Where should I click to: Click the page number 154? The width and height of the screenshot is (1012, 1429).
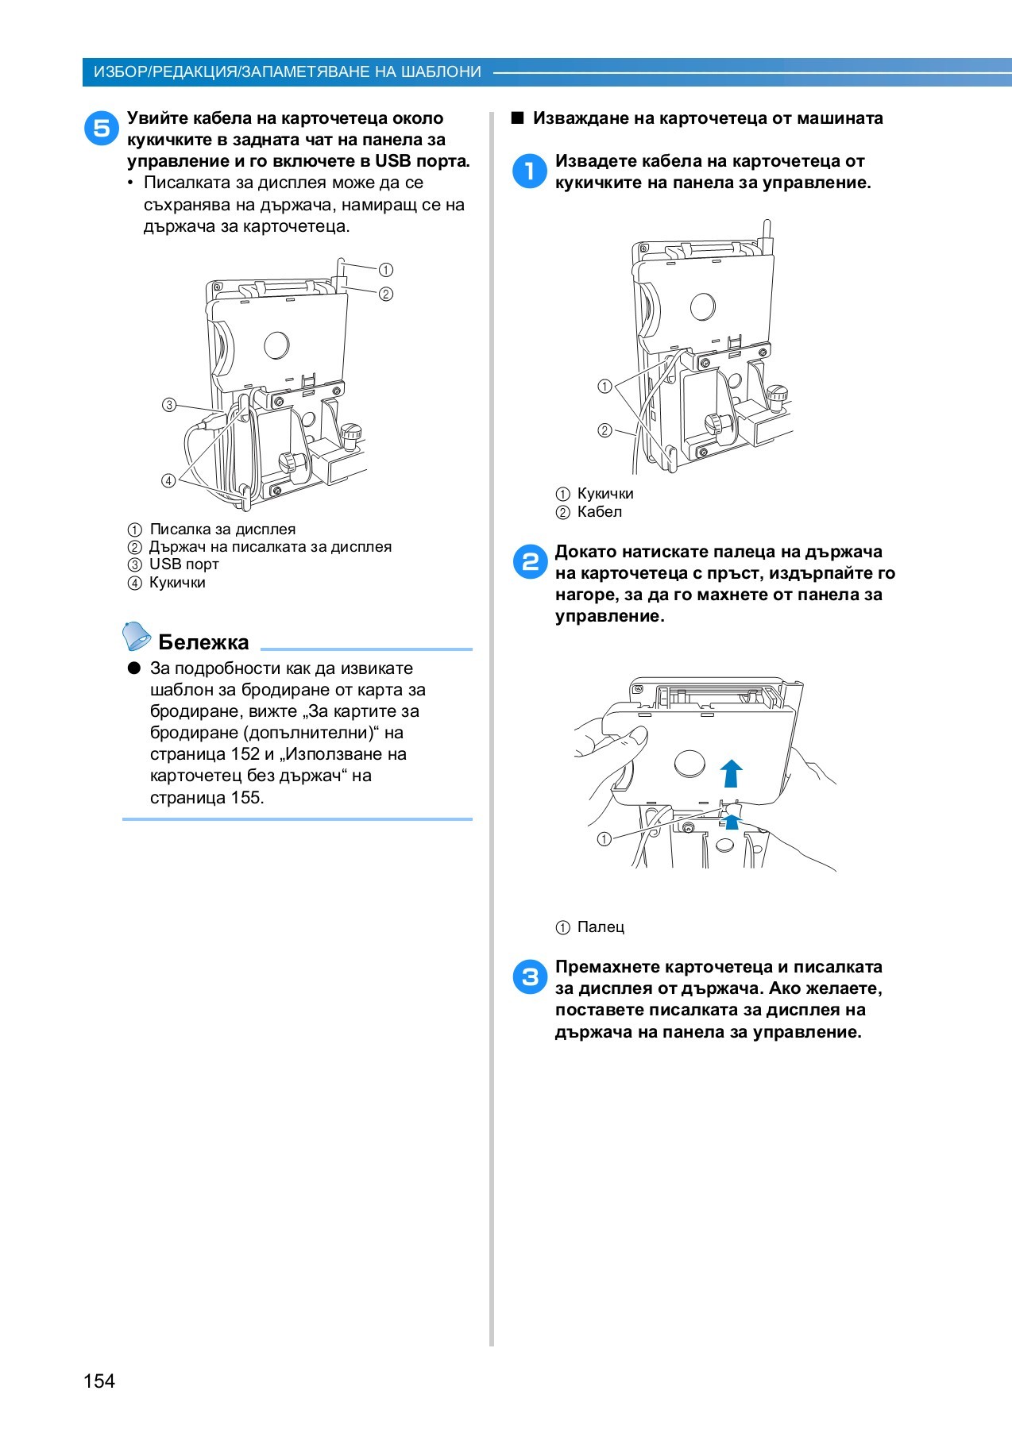(99, 1381)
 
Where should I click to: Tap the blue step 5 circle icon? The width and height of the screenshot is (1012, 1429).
(102, 127)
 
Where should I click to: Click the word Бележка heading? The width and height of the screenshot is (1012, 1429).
(203, 642)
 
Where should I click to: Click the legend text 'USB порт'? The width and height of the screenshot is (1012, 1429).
(183, 564)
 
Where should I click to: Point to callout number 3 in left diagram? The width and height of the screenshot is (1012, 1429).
(169, 405)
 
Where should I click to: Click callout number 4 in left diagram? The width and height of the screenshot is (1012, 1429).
(169, 480)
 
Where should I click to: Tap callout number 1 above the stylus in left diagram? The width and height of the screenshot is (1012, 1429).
(385, 270)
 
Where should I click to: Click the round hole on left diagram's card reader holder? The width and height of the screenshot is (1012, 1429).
(276, 345)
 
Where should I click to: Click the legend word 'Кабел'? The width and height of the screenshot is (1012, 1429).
(600, 512)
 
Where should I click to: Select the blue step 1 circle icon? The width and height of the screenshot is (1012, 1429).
(530, 171)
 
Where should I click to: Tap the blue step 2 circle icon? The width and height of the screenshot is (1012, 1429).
(530, 561)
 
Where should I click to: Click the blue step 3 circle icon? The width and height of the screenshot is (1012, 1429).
(530, 976)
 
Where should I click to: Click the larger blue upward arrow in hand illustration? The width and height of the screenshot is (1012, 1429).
(731, 772)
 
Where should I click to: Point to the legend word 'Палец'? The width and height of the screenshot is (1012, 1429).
(601, 927)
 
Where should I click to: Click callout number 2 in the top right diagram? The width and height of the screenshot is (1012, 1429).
(604, 430)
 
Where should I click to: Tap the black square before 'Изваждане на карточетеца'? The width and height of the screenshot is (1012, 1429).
(518, 118)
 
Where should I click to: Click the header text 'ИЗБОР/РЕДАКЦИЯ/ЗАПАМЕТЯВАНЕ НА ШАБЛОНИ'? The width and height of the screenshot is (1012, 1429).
(288, 72)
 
